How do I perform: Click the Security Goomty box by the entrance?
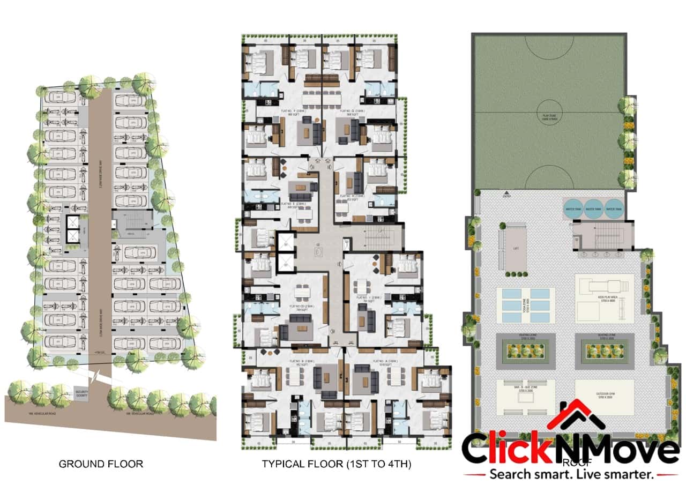click(x=82, y=394)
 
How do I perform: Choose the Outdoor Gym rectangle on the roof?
click(x=604, y=397)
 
